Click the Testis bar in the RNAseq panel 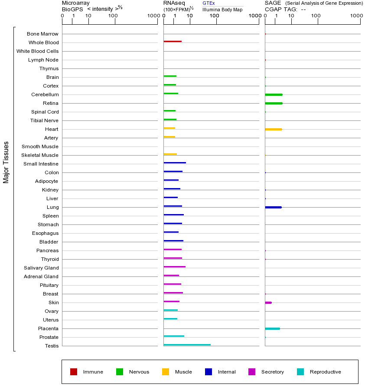tap(187, 344)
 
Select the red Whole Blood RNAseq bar tap(173, 41)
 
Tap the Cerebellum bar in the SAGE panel tap(274, 94)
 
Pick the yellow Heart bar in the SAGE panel tap(273, 129)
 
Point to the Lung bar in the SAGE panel tap(273, 207)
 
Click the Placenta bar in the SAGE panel tap(272, 328)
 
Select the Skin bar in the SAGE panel tap(268, 302)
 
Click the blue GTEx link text tap(209, 3)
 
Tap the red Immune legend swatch tap(74, 372)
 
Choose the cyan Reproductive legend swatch tap(300, 372)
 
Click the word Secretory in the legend tap(273, 372)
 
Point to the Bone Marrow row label tap(42, 34)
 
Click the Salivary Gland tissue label tap(41, 268)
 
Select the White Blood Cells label tap(38, 51)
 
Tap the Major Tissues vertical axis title tap(6, 162)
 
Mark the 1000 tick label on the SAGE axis tap(356, 16)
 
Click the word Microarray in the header tap(76, 3)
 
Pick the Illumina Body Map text tap(222, 10)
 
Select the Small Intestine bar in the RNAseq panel tap(175, 162)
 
